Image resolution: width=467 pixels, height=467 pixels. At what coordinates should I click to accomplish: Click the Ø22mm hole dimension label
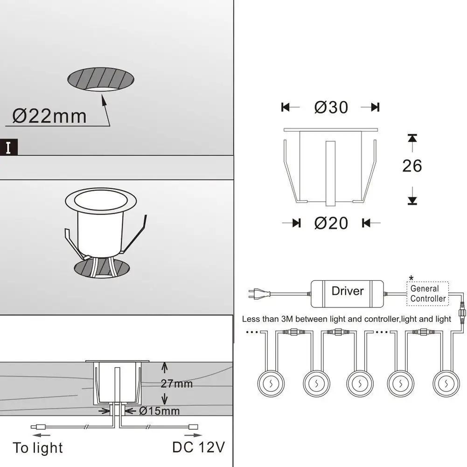(49, 116)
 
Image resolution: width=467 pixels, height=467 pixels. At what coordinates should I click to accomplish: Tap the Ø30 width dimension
(331, 107)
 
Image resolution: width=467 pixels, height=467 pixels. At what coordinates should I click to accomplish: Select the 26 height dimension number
(412, 166)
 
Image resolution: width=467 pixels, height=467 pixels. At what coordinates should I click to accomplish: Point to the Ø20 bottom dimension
(331, 223)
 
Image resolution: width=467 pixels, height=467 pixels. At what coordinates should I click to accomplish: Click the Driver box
(347, 293)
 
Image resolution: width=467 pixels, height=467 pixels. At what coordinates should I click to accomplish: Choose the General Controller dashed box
(428, 293)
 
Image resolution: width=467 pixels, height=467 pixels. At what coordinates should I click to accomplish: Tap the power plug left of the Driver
(259, 293)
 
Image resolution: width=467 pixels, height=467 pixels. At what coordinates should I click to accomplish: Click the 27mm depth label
(177, 383)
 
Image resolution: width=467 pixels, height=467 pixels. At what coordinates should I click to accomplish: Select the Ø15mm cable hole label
(160, 411)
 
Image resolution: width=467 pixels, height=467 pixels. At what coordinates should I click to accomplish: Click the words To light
(38, 448)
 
